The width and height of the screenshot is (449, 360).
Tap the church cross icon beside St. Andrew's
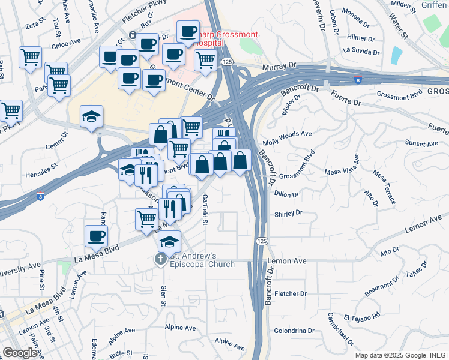point(160,260)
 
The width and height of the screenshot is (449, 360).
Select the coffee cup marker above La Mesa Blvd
point(96,236)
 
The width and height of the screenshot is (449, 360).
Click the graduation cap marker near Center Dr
point(91,116)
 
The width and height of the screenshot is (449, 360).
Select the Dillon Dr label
point(286,194)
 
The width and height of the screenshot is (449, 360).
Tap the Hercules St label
point(41,163)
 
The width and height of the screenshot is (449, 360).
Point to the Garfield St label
point(205,211)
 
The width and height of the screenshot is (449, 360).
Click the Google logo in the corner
point(20,353)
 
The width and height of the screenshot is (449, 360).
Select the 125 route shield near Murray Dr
point(226,62)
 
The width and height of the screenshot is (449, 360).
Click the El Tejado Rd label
point(362,316)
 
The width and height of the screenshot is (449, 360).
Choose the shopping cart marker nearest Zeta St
point(30,58)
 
